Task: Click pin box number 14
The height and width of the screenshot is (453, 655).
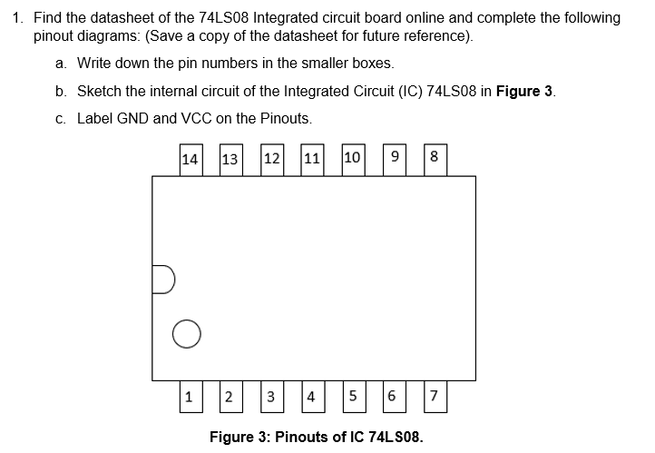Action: click(x=191, y=159)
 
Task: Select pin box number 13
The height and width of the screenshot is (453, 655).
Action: click(x=230, y=160)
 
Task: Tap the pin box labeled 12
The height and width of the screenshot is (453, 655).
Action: click(x=271, y=159)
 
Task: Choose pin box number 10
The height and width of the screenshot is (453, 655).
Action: click(x=354, y=159)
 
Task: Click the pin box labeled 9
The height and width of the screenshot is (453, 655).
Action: click(x=394, y=159)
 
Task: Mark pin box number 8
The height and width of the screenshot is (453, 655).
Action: click(x=434, y=159)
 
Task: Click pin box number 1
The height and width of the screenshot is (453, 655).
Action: click(x=190, y=396)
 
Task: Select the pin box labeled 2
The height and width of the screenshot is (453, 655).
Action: click(x=230, y=397)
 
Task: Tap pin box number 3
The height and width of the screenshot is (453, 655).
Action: click(x=271, y=397)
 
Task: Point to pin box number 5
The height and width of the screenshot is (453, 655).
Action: click(x=353, y=397)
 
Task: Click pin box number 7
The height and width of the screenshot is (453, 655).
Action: click(x=435, y=397)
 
